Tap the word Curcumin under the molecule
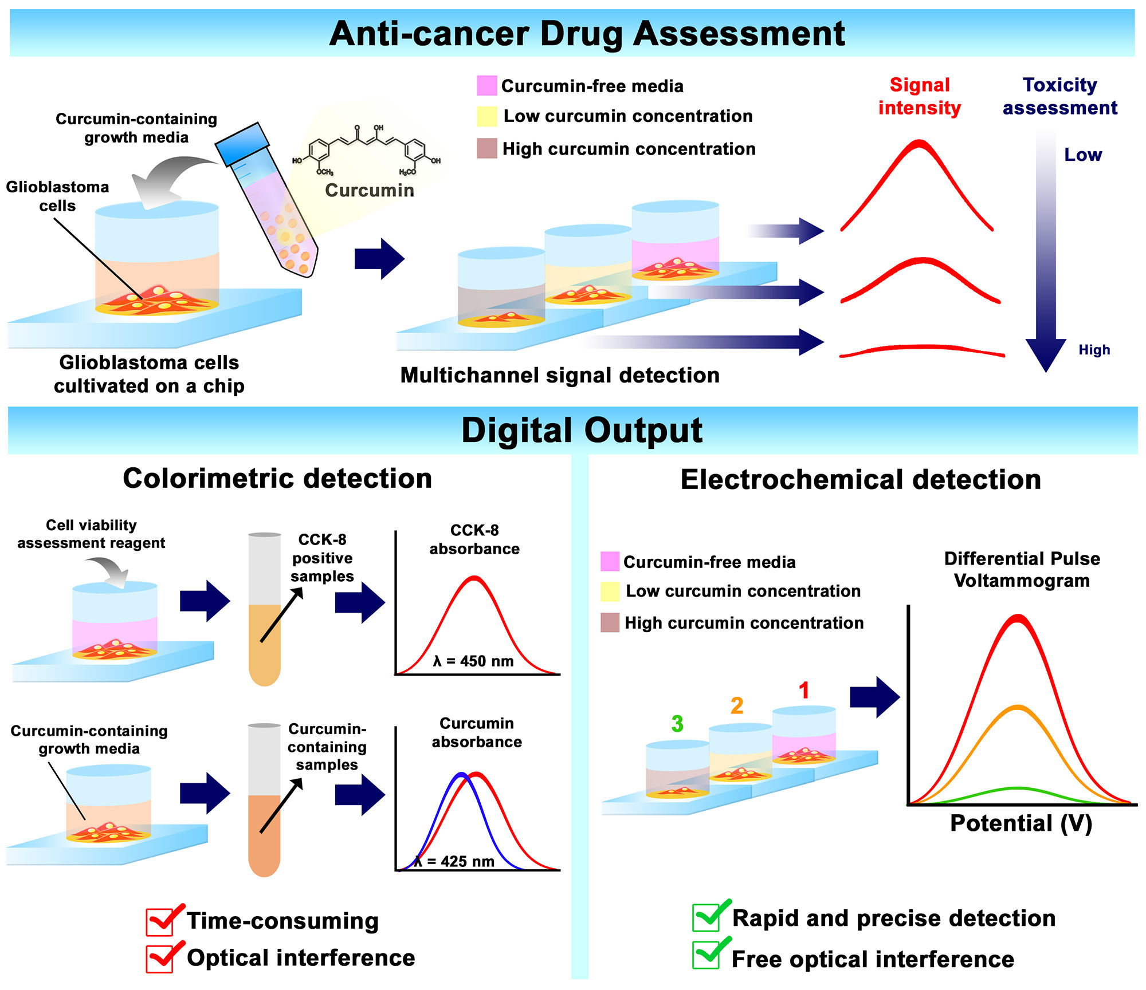[370, 190]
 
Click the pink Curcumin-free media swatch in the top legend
[486, 86]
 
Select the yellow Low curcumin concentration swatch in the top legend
[486, 116]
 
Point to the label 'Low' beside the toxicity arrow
[1083, 155]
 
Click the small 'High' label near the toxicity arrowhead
[1094, 350]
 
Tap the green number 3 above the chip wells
[677, 724]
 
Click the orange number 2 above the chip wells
[737, 705]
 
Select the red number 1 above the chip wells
[804, 691]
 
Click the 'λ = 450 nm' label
[473, 661]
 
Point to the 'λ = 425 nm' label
[454, 862]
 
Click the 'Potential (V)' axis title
[1021, 823]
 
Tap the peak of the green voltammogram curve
[1018, 788]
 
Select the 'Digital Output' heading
[582, 431]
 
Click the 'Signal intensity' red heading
[920, 96]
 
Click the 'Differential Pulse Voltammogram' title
[1022, 570]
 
